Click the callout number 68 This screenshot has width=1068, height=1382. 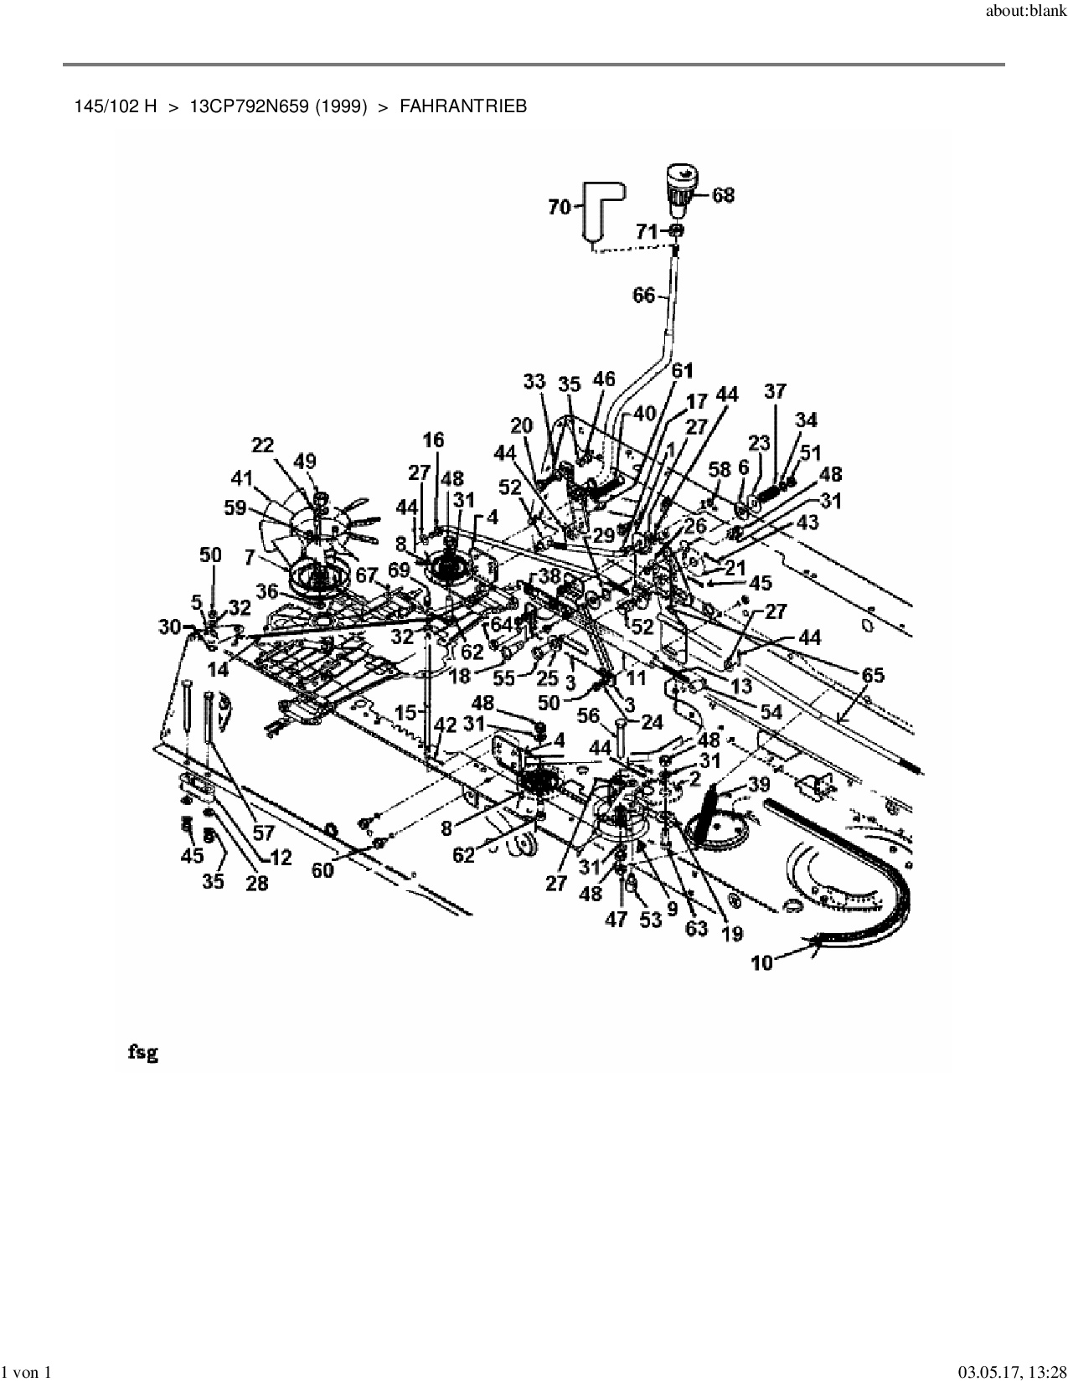(723, 194)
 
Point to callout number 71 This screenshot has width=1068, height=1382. (647, 231)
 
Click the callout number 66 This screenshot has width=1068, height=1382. (643, 295)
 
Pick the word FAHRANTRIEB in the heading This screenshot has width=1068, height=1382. (463, 106)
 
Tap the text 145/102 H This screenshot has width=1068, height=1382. (115, 106)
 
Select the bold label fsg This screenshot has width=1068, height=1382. (142, 1052)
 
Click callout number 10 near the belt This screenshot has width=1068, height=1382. (762, 962)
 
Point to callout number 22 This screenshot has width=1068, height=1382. (262, 446)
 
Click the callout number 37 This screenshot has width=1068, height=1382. (776, 391)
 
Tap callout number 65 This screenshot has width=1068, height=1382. (873, 675)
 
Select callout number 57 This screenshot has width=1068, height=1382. (263, 833)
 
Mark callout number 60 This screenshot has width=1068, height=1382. (322, 870)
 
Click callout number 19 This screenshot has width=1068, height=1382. (732, 934)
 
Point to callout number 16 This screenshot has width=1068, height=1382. (433, 440)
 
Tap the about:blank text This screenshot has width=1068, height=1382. (1026, 11)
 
